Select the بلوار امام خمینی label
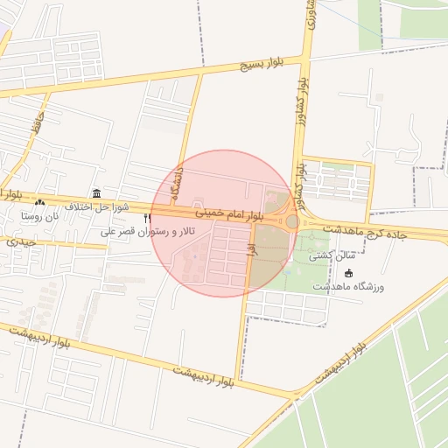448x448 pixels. click(227, 213)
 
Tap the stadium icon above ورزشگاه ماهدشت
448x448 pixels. click(348, 273)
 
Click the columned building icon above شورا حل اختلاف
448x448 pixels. click(95, 193)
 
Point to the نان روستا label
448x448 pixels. click(39, 215)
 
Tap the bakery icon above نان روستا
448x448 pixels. click(39, 203)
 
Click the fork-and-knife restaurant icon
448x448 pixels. click(147, 218)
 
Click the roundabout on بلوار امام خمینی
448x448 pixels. click(292, 221)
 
